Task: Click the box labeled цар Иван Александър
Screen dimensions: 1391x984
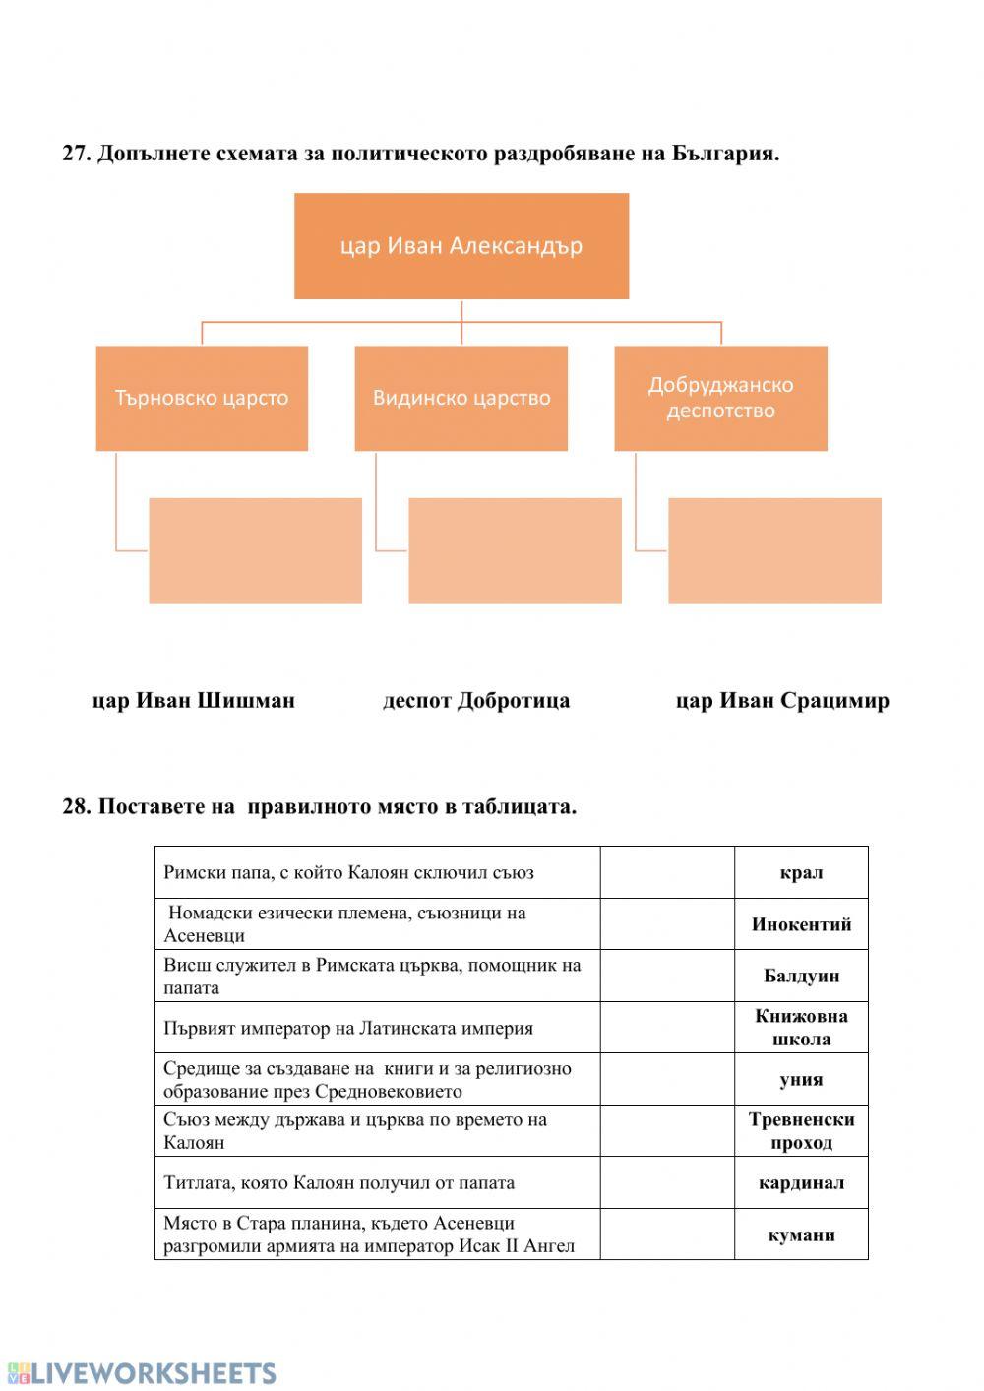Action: click(x=461, y=246)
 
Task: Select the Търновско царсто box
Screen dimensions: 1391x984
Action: click(x=202, y=398)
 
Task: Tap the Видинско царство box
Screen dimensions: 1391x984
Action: click(x=461, y=398)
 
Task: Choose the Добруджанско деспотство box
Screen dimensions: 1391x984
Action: click(x=720, y=398)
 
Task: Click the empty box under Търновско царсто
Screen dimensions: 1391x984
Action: click(x=255, y=550)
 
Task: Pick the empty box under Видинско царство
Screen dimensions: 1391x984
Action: click(x=515, y=550)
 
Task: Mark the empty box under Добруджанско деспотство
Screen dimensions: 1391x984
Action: click(x=774, y=550)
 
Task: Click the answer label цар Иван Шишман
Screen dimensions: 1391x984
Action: click(x=194, y=701)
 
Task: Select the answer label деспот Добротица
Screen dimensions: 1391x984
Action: click(x=476, y=701)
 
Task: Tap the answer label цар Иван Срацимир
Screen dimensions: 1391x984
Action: click(x=782, y=701)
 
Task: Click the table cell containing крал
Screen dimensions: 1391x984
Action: click(x=801, y=872)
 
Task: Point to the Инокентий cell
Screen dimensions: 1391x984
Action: click(x=801, y=924)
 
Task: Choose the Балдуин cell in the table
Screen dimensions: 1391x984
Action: click(x=801, y=976)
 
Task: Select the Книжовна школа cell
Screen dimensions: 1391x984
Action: click(x=801, y=1028)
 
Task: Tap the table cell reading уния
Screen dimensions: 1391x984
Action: click(x=801, y=1079)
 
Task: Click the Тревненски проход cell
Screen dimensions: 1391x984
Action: click(x=801, y=1131)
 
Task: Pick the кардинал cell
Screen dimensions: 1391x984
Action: click(x=801, y=1182)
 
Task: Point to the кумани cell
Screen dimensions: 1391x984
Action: click(x=801, y=1234)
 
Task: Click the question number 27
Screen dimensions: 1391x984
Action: click(x=76, y=154)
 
